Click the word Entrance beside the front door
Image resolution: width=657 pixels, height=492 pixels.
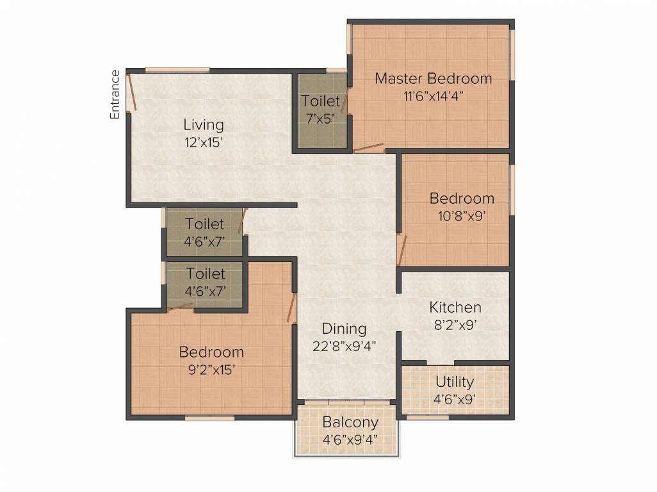click(x=115, y=95)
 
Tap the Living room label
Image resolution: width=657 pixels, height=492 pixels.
click(x=204, y=125)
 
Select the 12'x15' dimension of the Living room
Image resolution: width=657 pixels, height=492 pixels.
click(x=204, y=142)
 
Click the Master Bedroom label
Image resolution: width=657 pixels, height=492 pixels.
click(x=434, y=78)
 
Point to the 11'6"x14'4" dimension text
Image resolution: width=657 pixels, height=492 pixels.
click(x=434, y=96)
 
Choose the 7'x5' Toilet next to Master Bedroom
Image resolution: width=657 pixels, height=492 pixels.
click(x=321, y=110)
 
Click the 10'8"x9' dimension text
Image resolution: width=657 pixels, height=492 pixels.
click(x=462, y=217)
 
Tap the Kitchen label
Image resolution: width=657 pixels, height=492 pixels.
click(x=455, y=307)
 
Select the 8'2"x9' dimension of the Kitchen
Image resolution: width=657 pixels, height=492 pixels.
click(x=455, y=325)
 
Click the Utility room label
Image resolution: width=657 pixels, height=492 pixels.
click(x=455, y=382)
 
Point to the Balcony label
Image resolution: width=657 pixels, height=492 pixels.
click(x=350, y=422)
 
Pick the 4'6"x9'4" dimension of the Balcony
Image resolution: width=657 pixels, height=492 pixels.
click(x=350, y=439)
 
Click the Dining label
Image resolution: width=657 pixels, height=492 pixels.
click(x=344, y=329)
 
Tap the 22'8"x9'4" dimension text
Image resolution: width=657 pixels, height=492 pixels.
click(x=344, y=346)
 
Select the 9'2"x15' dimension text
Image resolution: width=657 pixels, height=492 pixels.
click(x=211, y=370)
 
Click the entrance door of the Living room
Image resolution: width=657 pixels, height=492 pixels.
click(x=131, y=92)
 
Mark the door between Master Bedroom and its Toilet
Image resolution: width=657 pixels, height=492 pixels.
click(x=345, y=101)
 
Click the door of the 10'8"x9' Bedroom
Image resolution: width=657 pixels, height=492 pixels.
click(x=401, y=250)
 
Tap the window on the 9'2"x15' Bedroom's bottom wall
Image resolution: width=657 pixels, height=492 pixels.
click(x=209, y=418)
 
